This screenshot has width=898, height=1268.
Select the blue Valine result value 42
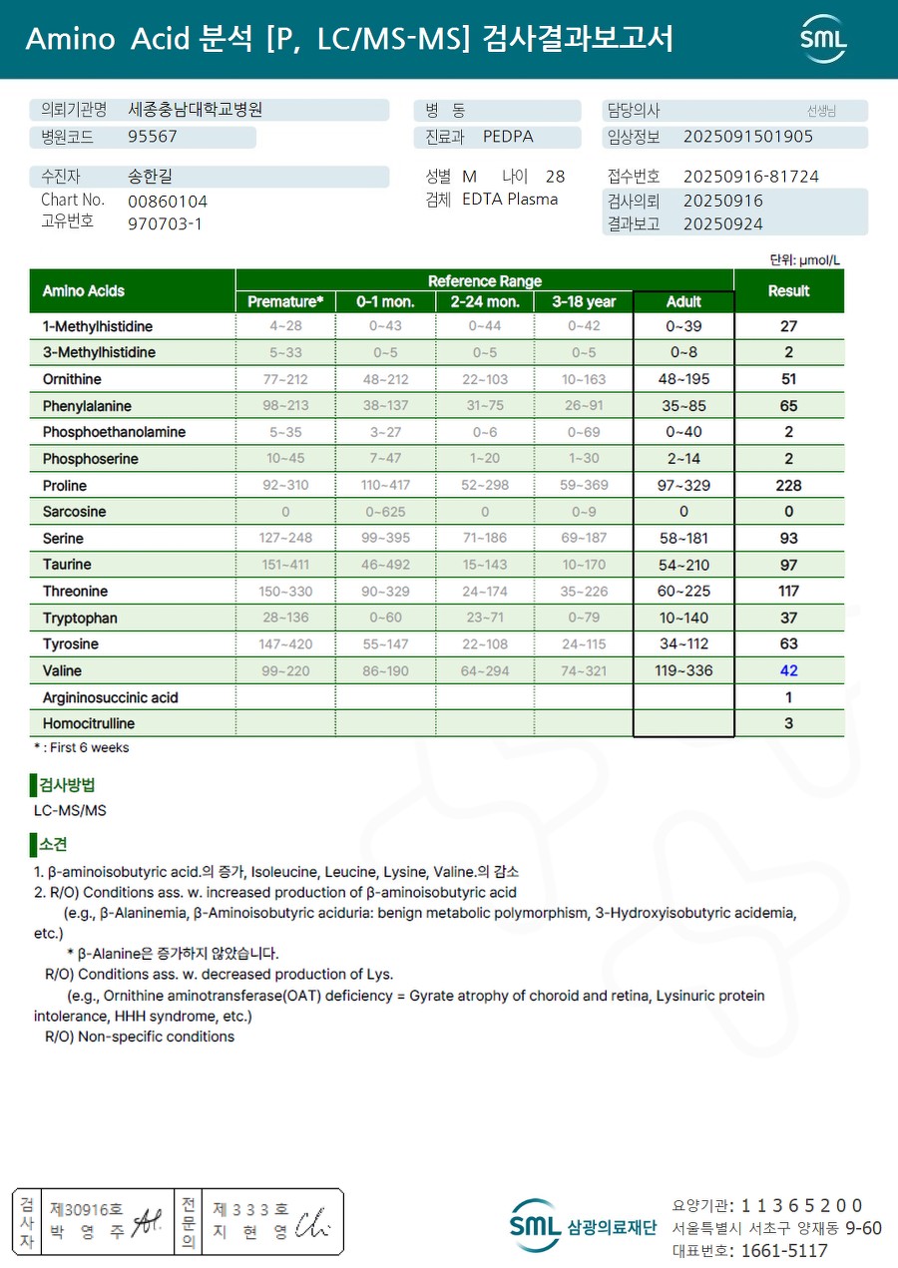(x=788, y=670)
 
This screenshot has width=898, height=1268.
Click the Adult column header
(x=683, y=301)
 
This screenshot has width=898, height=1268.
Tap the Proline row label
(x=65, y=486)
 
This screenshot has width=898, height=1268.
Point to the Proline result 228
(x=788, y=486)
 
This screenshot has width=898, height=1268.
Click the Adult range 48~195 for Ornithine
(x=683, y=379)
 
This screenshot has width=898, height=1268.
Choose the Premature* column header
(x=285, y=301)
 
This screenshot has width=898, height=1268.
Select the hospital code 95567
(x=153, y=137)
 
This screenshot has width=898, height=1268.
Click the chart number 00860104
(x=168, y=202)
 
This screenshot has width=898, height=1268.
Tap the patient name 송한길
(x=151, y=177)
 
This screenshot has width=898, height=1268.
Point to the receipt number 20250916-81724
(x=750, y=177)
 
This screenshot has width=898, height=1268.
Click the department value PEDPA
(x=508, y=137)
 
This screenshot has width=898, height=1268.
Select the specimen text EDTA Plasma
(x=510, y=200)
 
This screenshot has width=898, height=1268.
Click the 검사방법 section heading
(x=68, y=785)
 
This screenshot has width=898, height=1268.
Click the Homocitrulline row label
(x=89, y=723)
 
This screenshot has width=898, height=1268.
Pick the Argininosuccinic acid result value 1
(x=788, y=697)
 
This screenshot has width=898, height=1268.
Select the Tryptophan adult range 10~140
(x=683, y=618)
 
